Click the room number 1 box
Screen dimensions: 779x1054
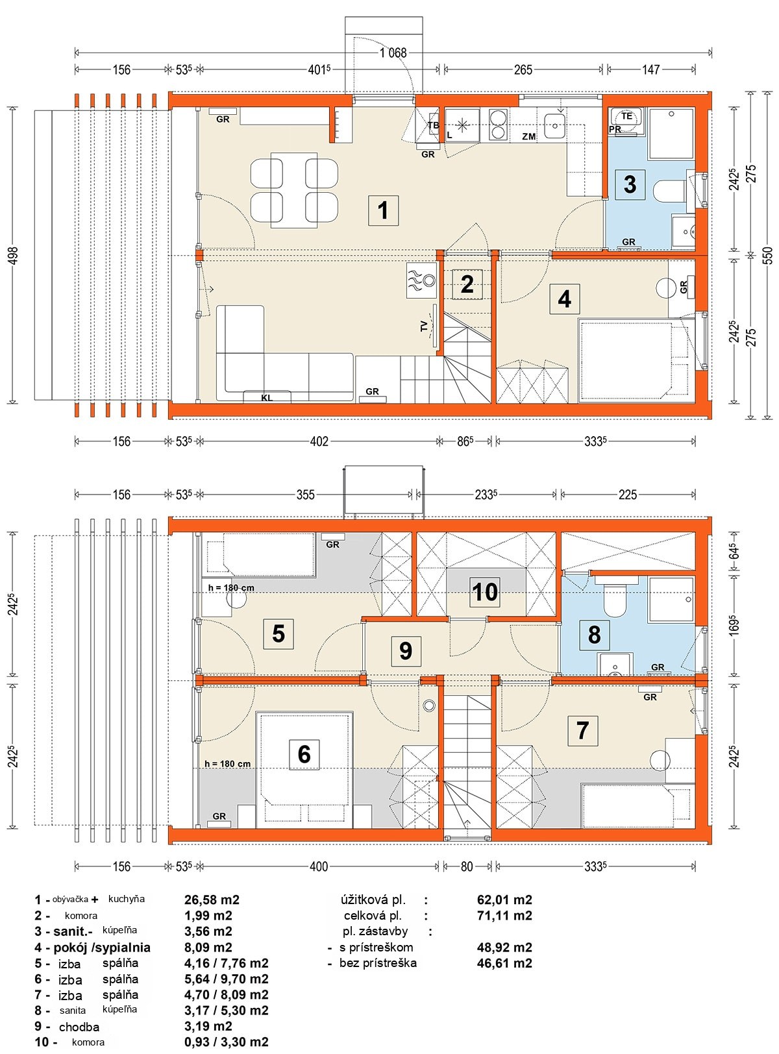point(383,210)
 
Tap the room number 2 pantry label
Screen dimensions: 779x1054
point(467,284)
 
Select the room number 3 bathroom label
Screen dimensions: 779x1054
point(630,184)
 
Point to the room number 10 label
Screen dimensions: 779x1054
point(485,592)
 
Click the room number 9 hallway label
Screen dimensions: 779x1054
point(406,650)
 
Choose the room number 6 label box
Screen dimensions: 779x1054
point(304,754)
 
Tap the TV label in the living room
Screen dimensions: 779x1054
point(423,326)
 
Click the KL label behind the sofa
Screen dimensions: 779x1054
point(267,398)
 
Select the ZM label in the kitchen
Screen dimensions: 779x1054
point(528,136)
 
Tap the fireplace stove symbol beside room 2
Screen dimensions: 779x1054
point(421,280)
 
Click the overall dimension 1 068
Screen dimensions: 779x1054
point(393,53)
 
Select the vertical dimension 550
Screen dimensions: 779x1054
point(767,255)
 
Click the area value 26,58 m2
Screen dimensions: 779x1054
point(212,900)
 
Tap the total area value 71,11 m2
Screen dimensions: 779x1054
point(504,915)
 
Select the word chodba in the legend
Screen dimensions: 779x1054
point(79,1027)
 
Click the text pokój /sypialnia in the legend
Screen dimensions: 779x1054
point(102,948)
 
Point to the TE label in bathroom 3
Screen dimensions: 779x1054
point(626,116)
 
